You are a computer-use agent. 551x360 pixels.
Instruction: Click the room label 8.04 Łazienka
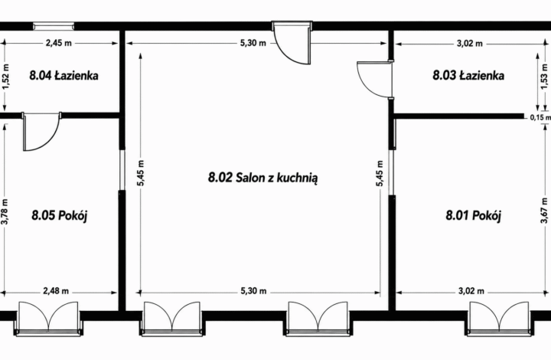point(64,75)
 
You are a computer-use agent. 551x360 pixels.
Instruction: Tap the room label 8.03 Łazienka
point(468,75)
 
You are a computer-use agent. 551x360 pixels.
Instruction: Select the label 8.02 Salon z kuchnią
point(262,178)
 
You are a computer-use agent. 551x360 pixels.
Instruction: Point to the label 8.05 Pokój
point(60,214)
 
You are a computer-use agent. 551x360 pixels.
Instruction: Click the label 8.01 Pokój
point(474,214)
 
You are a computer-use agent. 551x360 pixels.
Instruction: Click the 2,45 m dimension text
point(59,43)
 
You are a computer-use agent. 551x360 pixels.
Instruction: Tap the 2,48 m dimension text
point(56,291)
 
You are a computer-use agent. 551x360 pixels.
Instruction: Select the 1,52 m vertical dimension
point(6,77)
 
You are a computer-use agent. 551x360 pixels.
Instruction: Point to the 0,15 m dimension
point(540,118)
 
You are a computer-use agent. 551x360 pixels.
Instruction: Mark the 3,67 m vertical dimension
point(544,210)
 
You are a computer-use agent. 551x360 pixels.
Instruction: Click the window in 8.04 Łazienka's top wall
point(54,25)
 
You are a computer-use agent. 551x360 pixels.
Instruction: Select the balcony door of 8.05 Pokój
point(48,318)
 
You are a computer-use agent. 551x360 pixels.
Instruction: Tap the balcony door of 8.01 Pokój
point(499,318)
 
